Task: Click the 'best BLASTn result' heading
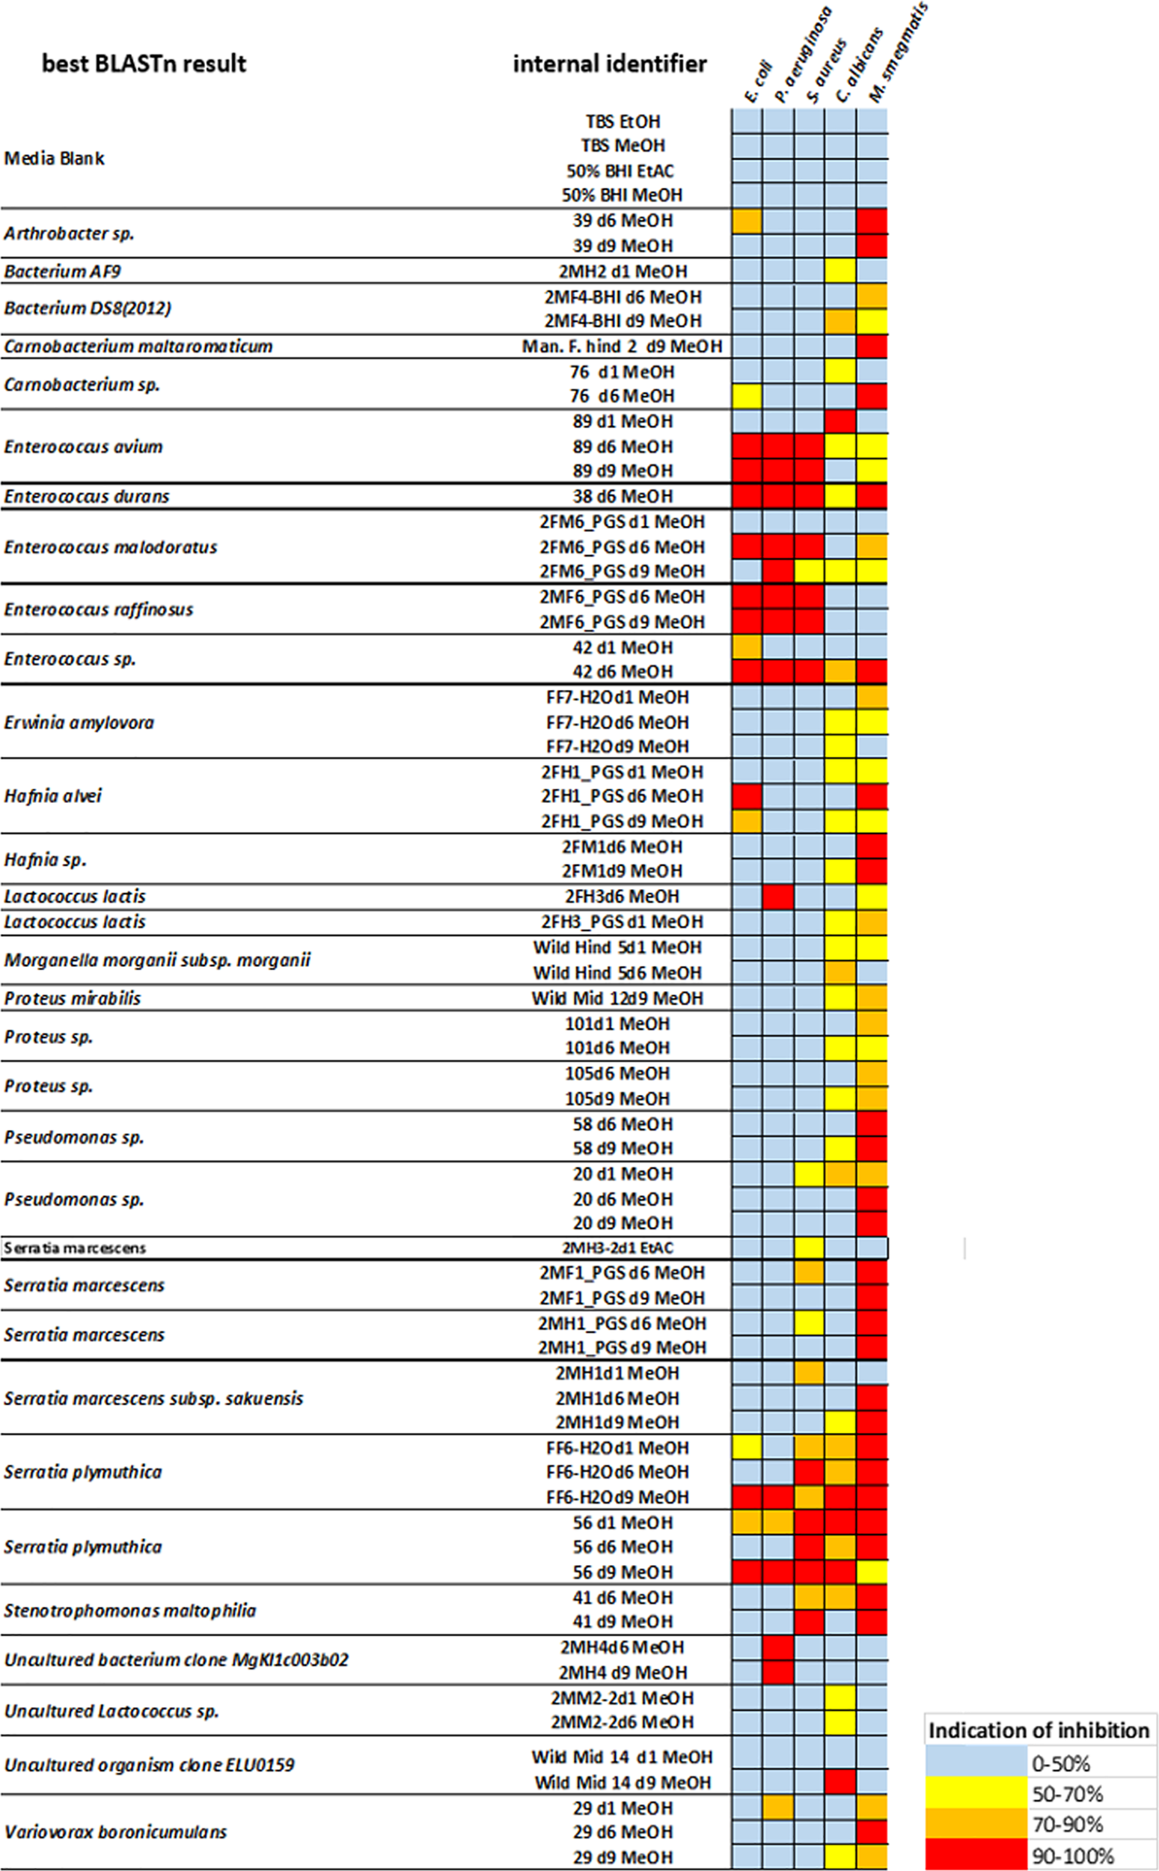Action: pos(144,64)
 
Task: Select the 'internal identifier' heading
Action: pos(609,64)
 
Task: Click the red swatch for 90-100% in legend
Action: pos(975,1856)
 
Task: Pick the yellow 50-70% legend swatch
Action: pos(975,1794)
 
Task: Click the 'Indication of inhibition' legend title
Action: pos(1039,1730)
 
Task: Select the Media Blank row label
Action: pos(55,159)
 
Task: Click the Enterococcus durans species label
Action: pos(87,497)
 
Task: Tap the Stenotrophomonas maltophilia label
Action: pos(129,1611)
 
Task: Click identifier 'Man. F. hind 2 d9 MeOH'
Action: pos(622,347)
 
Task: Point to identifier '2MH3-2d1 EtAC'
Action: pos(618,1248)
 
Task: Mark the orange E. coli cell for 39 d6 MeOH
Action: pos(747,221)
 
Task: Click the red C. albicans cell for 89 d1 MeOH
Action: pos(841,421)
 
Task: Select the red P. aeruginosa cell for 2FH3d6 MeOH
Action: pos(778,896)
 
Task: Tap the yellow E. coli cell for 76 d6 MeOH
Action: pos(747,396)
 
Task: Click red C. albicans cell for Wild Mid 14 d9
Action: pos(841,1782)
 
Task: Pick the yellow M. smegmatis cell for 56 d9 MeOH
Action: pos(872,1572)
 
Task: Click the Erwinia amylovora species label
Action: pos(79,722)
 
